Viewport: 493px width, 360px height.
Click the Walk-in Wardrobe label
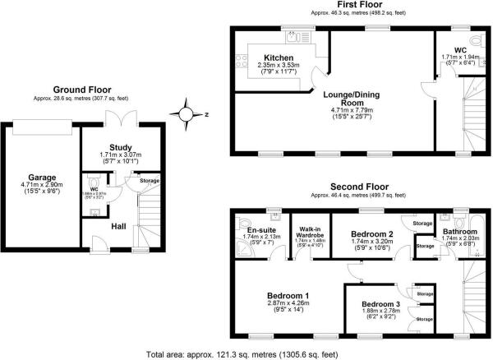(x=311, y=231)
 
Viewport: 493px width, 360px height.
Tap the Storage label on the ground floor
(x=149, y=181)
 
